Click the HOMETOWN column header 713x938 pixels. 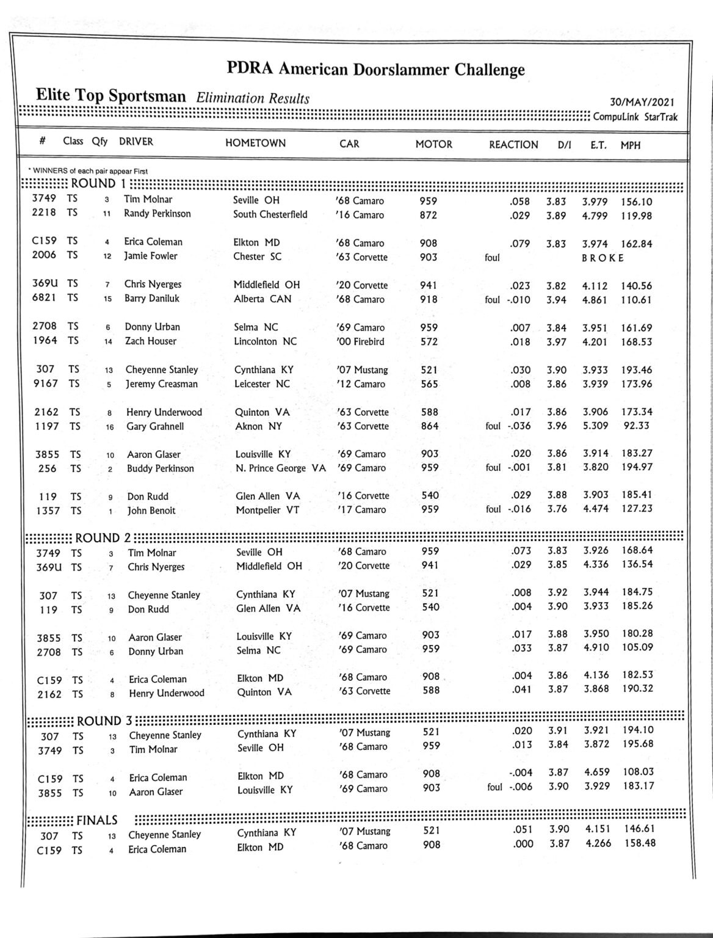[x=255, y=144]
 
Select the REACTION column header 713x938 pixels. [x=513, y=145]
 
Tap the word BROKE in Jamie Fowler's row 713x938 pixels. [x=603, y=258]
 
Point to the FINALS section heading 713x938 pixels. [x=97, y=820]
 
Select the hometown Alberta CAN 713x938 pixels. [x=262, y=299]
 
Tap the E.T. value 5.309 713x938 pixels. [x=595, y=426]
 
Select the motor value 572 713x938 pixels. [x=429, y=342]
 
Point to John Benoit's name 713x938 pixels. [x=151, y=511]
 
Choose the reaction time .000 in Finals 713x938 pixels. [x=521, y=844]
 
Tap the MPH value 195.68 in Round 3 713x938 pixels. [x=638, y=744]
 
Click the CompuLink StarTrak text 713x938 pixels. [x=635, y=117]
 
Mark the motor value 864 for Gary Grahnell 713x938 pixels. [x=429, y=426]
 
